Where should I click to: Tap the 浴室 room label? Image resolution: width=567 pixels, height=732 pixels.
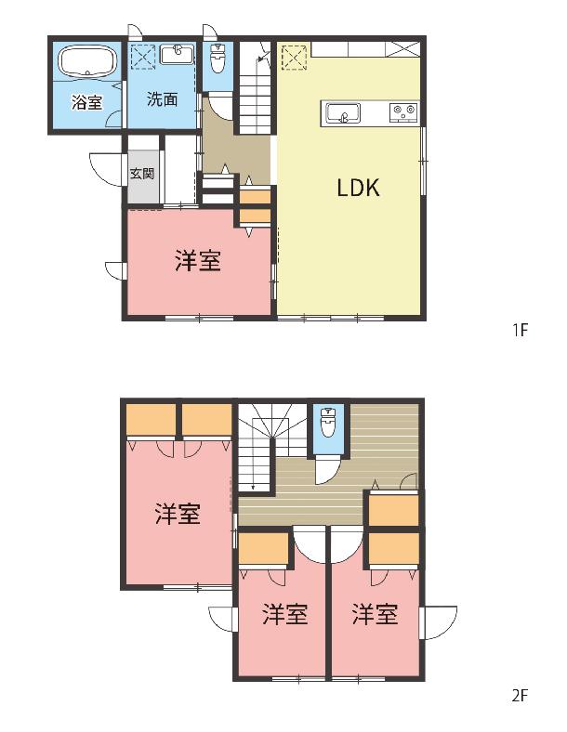point(86,102)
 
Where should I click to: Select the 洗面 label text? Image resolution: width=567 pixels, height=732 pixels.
point(162,99)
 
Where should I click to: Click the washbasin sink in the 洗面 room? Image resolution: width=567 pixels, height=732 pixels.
point(177,55)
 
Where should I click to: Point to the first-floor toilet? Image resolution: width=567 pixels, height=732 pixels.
point(217,58)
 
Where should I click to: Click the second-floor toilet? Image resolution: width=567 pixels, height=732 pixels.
point(329,422)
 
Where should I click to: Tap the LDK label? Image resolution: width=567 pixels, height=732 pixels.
point(358,188)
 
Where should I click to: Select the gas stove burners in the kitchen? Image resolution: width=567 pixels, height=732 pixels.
point(403,112)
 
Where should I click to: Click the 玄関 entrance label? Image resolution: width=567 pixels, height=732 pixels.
point(142,174)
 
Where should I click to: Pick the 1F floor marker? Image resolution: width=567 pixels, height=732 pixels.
point(520,331)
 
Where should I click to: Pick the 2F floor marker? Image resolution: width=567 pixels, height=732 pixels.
point(520,696)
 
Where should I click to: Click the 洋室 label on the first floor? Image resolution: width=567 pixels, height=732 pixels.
point(198,260)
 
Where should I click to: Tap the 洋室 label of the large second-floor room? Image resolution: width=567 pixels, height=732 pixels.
point(178,514)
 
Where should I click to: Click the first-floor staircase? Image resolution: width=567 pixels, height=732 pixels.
point(255,87)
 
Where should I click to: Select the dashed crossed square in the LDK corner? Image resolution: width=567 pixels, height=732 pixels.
point(295,57)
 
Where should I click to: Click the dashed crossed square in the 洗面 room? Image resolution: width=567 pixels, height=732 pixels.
point(142,57)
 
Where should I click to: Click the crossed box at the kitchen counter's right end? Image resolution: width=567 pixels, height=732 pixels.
point(404,49)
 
